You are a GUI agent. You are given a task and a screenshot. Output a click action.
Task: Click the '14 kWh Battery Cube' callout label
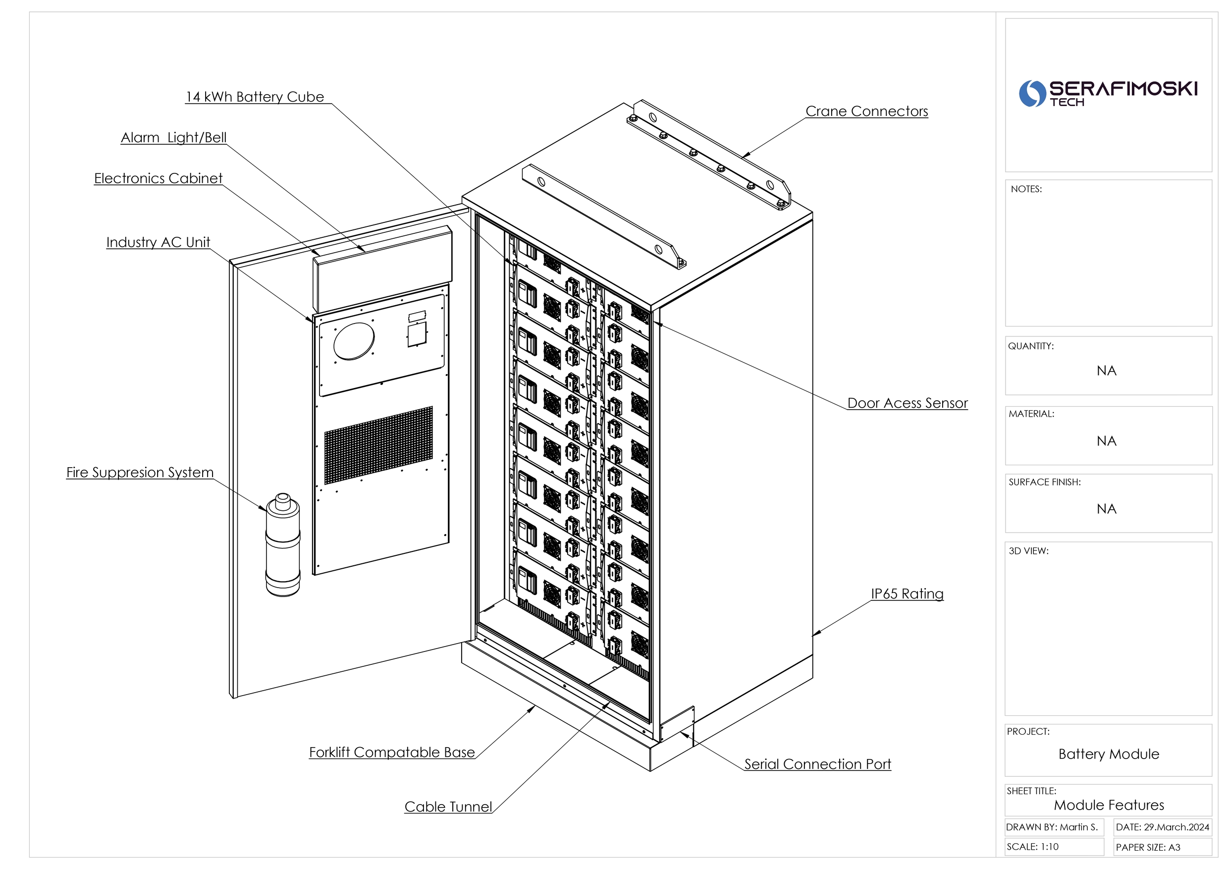(255, 97)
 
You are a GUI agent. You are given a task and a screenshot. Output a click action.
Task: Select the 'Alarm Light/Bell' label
(173, 138)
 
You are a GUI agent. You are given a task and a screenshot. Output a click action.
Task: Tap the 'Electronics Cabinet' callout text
(158, 178)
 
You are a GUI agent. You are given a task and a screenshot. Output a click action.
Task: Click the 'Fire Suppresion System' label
(140, 472)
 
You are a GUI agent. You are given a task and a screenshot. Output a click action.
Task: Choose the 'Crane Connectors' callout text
(866, 111)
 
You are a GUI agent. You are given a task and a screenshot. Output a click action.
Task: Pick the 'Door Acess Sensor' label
(908, 403)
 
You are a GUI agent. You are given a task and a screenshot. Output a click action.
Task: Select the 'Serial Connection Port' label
(817, 764)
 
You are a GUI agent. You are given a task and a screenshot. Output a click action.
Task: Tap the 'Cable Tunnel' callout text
(448, 807)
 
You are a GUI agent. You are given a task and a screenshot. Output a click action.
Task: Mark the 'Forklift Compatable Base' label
(392, 752)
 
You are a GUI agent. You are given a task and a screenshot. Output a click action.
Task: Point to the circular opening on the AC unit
(354, 340)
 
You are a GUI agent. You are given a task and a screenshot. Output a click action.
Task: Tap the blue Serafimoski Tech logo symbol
(1031, 94)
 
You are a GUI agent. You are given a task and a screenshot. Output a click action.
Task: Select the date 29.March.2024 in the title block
(1176, 827)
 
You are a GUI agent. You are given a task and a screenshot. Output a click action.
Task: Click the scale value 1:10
(1049, 847)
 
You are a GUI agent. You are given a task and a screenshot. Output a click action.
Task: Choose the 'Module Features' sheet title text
(1109, 805)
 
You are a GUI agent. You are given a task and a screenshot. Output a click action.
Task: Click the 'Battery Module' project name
(1109, 755)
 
